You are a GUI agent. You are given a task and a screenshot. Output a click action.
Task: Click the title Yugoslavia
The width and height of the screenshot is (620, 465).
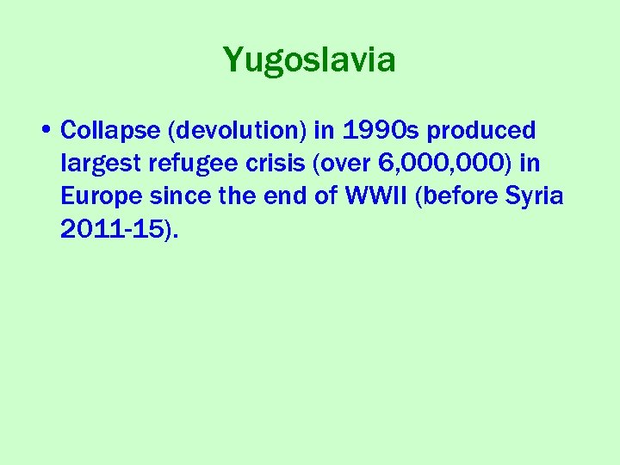click(x=309, y=60)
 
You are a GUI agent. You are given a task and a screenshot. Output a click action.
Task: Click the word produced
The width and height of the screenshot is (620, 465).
click(x=481, y=131)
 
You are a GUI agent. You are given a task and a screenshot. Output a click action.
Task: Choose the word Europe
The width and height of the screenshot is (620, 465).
click(x=102, y=196)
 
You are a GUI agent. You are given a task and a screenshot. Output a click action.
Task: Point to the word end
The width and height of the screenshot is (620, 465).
click(x=288, y=196)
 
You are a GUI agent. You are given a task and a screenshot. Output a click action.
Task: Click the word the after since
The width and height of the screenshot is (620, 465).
click(x=237, y=196)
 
